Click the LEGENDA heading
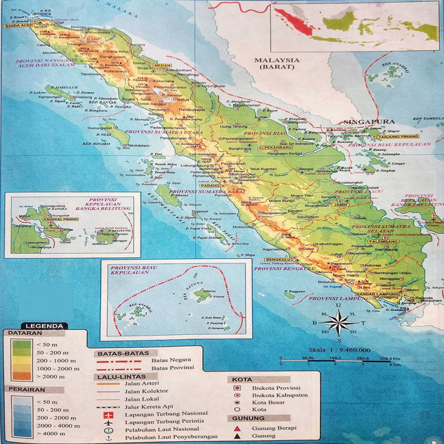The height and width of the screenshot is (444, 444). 44,326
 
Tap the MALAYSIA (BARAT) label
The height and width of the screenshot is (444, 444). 277,63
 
